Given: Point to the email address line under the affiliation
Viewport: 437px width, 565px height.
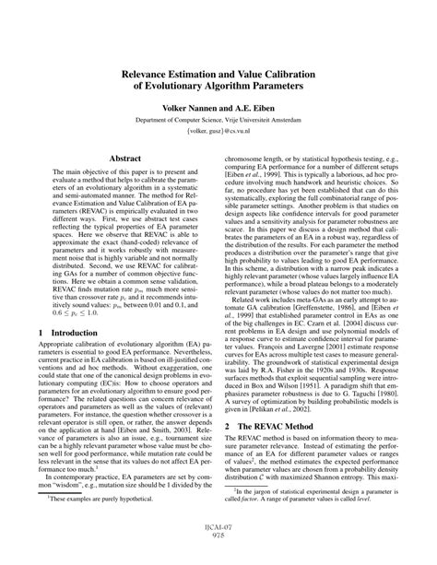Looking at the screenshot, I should click(x=218, y=135).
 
